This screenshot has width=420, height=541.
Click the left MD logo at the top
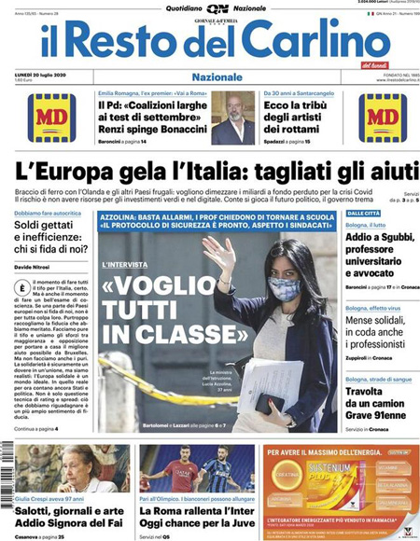[52, 117]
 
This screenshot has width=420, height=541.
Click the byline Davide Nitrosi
[35, 268]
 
